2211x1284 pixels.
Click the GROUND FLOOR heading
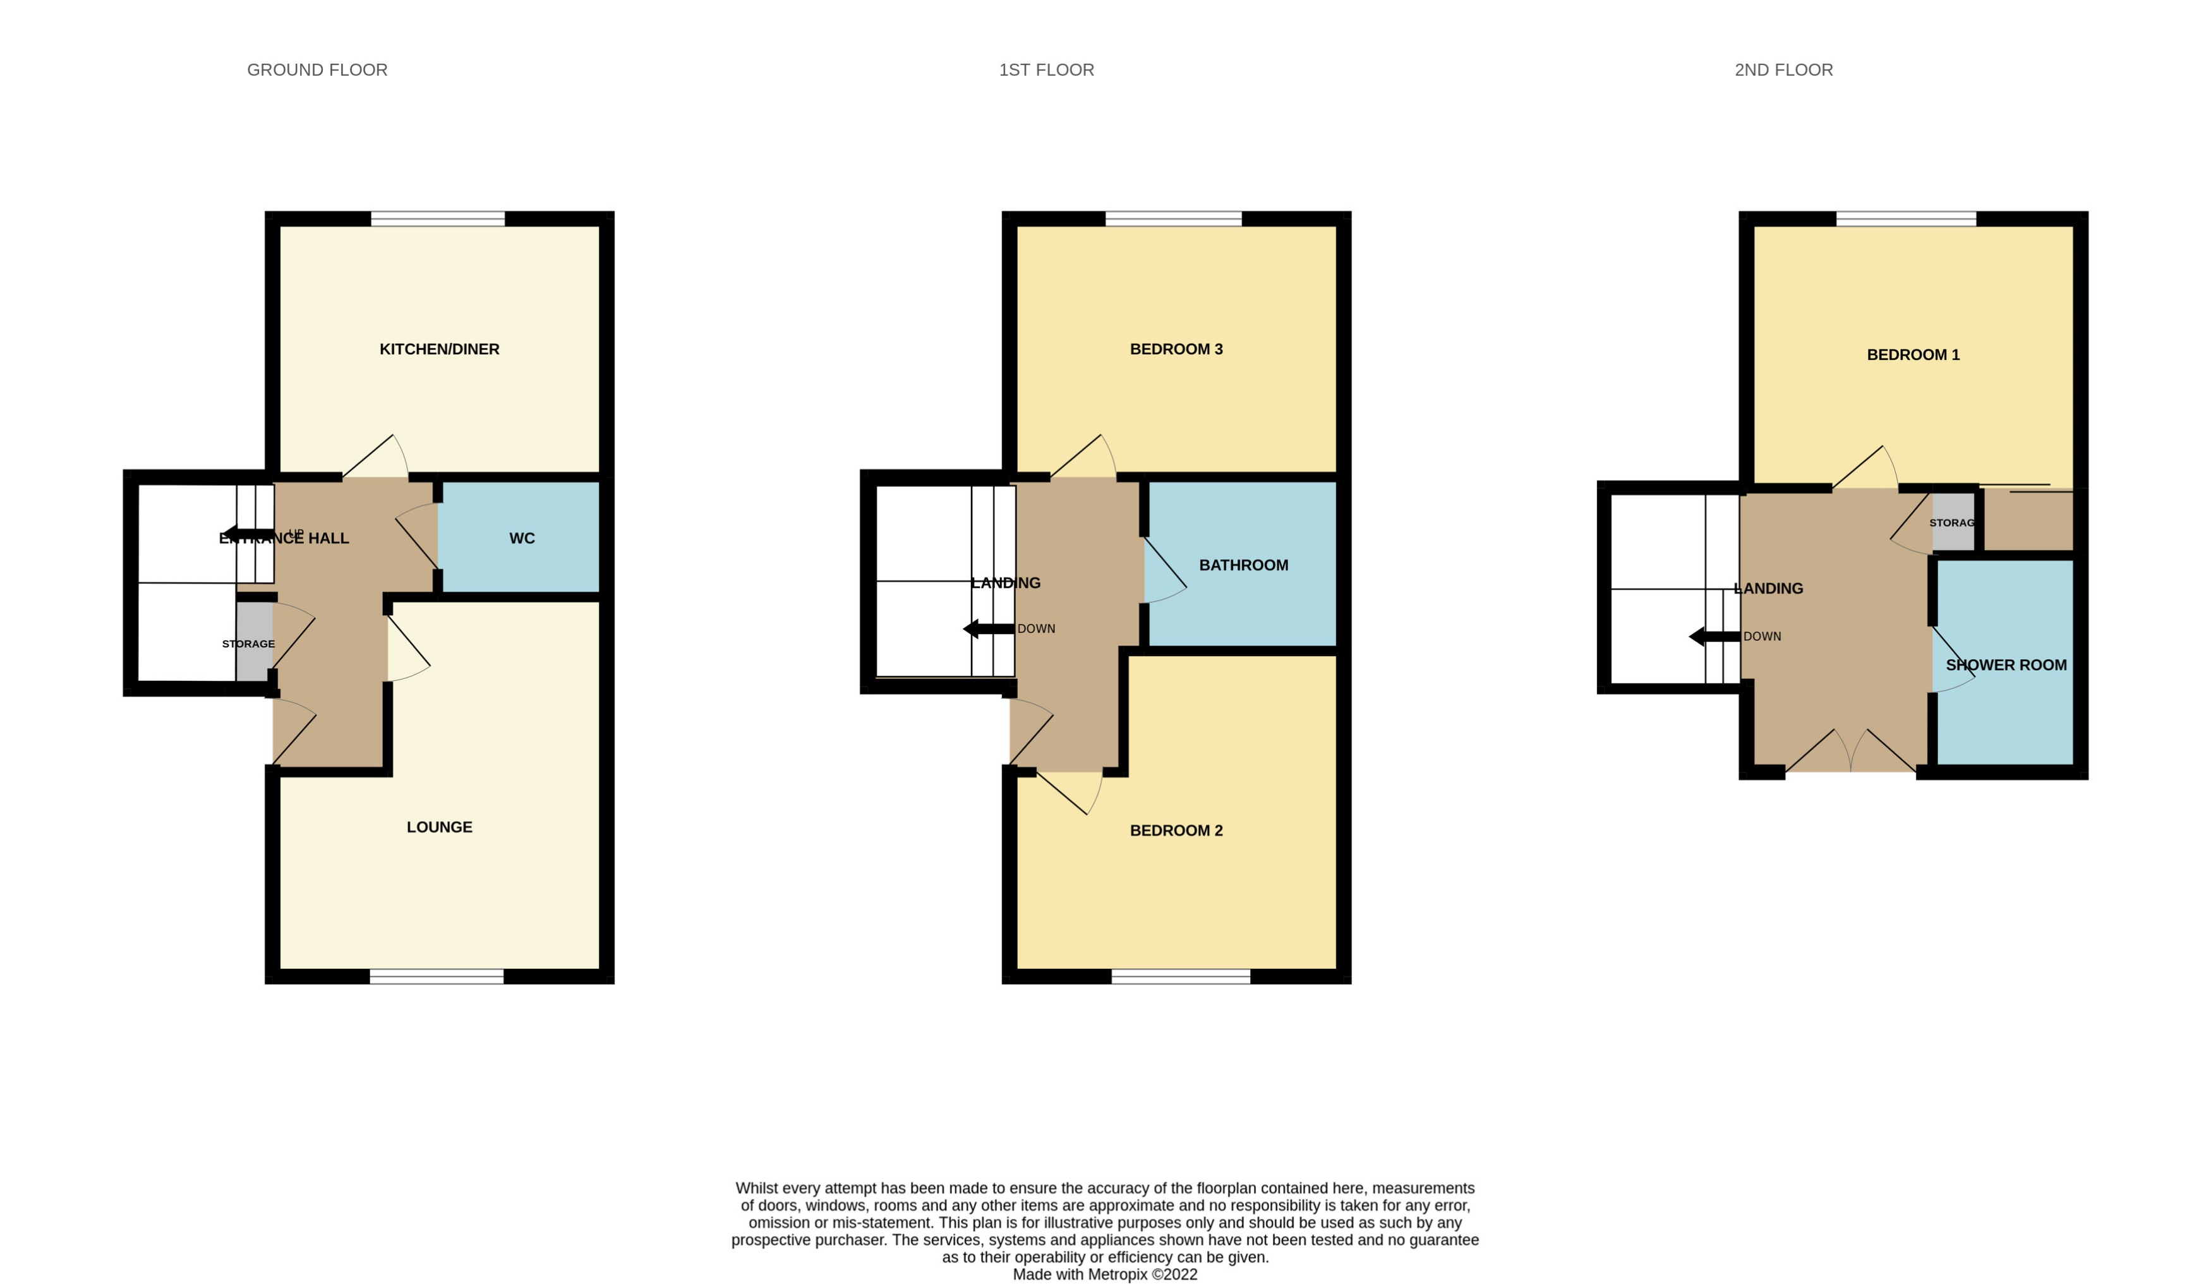(x=316, y=70)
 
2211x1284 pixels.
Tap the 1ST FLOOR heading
(x=1046, y=70)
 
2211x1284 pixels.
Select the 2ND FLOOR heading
(x=1783, y=70)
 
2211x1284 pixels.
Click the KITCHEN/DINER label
(x=438, y=349)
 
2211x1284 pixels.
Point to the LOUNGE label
(x=438, y=827)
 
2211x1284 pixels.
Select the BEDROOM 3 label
(x=1176, y=349)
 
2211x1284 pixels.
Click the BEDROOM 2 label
(x=1176, y=831)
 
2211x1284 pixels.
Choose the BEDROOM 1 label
(x=1913, y=355)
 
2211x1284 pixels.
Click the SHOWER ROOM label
(x=2006, y=666)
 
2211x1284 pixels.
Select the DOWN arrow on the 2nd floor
(x=1713, y=637)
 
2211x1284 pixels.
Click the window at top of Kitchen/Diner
(x=438, y=219)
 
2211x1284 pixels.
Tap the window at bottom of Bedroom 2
(x=1180, y=976)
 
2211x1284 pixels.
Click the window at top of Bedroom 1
(x=1906, y=219)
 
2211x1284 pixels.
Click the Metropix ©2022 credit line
(x=1105, y=1275)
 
